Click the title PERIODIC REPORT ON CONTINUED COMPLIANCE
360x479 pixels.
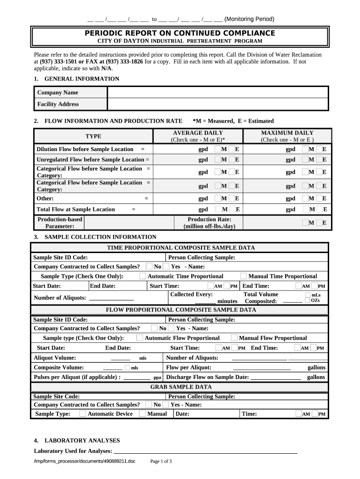[x=180, y=33]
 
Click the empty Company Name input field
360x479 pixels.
[x=218, y=93]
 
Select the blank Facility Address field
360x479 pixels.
[x=218, y=104]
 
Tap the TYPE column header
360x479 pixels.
[x=93, y=136]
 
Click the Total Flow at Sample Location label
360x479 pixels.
[x=76, y=210]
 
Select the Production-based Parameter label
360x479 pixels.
[x=59, y=223]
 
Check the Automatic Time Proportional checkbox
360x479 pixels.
[x=143, y=276]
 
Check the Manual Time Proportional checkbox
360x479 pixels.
[x=244, y=276]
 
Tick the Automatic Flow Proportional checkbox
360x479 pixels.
[x=140, y=338]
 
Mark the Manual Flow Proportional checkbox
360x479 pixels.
[x=234, y=338]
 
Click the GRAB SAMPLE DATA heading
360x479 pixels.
[x=180, y=387]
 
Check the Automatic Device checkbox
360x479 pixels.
[x=83, y=414]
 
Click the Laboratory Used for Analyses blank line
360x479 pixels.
[x=206, y=452]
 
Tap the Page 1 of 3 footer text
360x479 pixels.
[x=161, y=462]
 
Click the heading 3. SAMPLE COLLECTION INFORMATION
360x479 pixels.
[x=95, y=237]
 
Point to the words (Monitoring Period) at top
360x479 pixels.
[x=249, y=19]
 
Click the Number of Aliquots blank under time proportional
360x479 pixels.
[x=111, y=298]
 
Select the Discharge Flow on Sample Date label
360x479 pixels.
[x=208, y=377]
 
